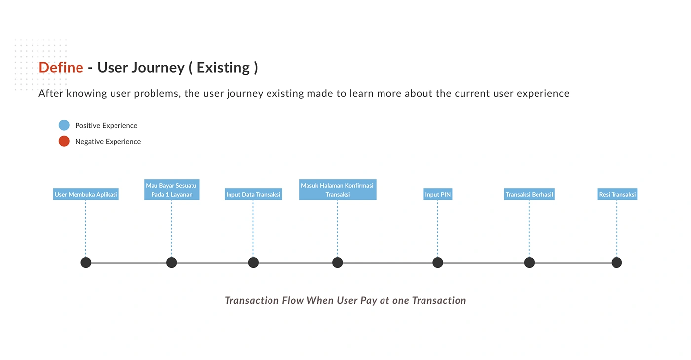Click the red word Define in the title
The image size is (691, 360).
61,67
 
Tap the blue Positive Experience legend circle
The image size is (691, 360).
64,125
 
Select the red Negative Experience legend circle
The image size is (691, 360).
64,141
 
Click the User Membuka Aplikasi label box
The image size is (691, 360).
86,194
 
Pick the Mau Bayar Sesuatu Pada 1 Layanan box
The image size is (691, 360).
172,190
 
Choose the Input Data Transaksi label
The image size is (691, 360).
253,194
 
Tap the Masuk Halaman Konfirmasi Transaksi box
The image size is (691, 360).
338,190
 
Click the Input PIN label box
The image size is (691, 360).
438,194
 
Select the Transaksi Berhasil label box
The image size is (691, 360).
529,194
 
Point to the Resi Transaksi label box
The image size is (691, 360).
617,194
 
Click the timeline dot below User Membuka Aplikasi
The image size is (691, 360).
86,263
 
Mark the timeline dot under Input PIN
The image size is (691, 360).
438,263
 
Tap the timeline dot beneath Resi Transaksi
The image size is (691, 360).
616,263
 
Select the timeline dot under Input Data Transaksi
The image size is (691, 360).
253,263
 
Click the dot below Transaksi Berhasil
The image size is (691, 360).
529,263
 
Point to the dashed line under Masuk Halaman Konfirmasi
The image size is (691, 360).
337,229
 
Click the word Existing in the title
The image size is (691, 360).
223,68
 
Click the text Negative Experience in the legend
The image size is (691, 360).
108,141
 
